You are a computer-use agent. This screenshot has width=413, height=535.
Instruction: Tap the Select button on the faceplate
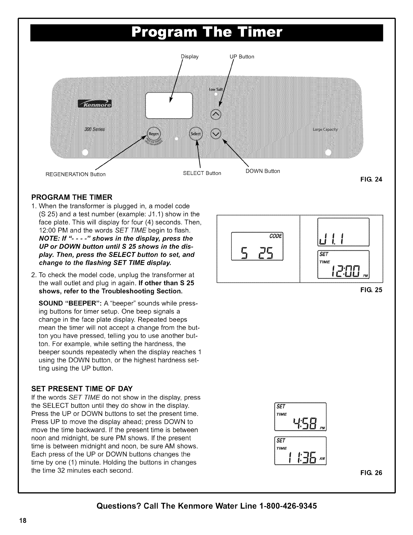[196, 134]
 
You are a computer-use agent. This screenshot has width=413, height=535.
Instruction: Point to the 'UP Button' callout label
[242, 57]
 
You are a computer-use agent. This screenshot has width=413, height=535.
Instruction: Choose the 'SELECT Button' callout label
[202, 173]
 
